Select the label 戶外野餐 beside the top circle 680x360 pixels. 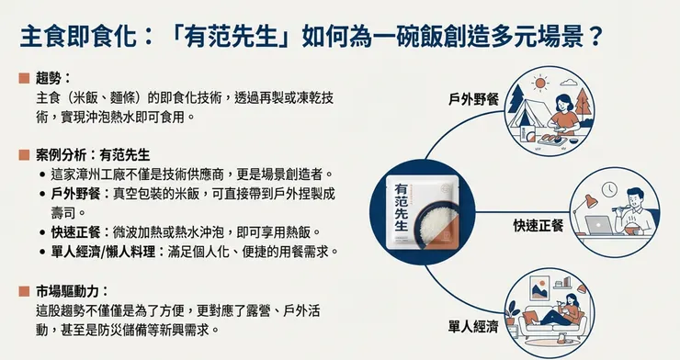(473, 98)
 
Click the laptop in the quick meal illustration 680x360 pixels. (602, 224)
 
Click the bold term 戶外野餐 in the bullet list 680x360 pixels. (76, 193)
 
